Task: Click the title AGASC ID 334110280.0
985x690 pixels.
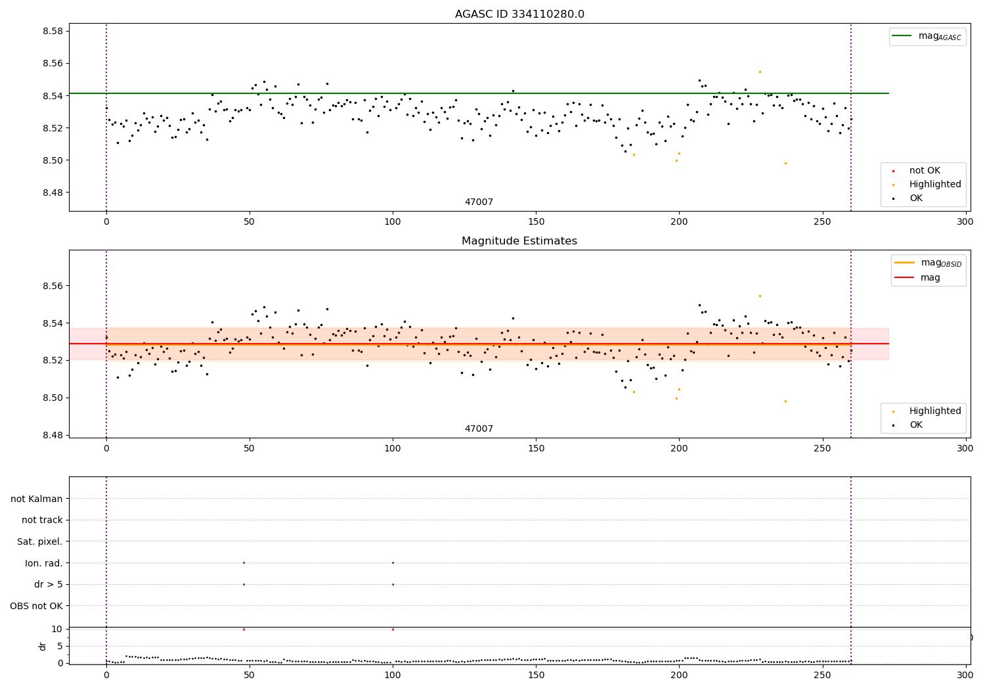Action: point(519,14)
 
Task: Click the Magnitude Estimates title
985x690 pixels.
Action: point(519,241)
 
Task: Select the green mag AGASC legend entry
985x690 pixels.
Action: point(927,37)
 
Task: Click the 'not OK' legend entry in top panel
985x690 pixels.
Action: point(925,171)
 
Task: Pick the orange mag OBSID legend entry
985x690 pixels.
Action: point(929,263)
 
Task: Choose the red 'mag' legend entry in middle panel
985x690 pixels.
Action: point(929,278)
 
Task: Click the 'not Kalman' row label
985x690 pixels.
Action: point(37,499)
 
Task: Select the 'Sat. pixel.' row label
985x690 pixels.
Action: point(40,541)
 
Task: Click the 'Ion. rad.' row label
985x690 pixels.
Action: point(44,563)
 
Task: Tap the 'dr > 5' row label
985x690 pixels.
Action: point(49,584)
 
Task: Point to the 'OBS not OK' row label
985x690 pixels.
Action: point(37,606)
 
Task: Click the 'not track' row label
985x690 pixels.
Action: point(42,520)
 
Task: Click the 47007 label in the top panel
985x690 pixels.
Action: point(479,202)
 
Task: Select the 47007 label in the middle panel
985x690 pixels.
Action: point(479,429)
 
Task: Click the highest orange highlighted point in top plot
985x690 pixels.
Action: point(760,72)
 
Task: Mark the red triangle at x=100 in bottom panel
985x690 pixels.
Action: point(393,629)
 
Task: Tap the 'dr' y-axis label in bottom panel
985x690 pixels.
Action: point(43,646)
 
